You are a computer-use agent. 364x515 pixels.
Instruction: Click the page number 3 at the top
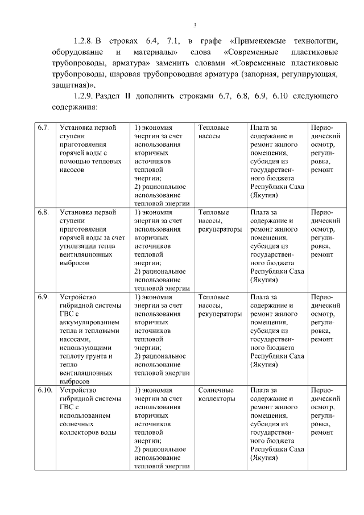(195, 24)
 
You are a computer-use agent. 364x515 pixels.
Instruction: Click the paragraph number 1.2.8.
(85, 41)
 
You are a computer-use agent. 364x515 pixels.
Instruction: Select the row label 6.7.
(43, 128)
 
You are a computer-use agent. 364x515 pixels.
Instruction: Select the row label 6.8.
(43, 212)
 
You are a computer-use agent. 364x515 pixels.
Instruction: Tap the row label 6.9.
(43, 297)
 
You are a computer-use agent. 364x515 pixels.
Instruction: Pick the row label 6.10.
(45, 390)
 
